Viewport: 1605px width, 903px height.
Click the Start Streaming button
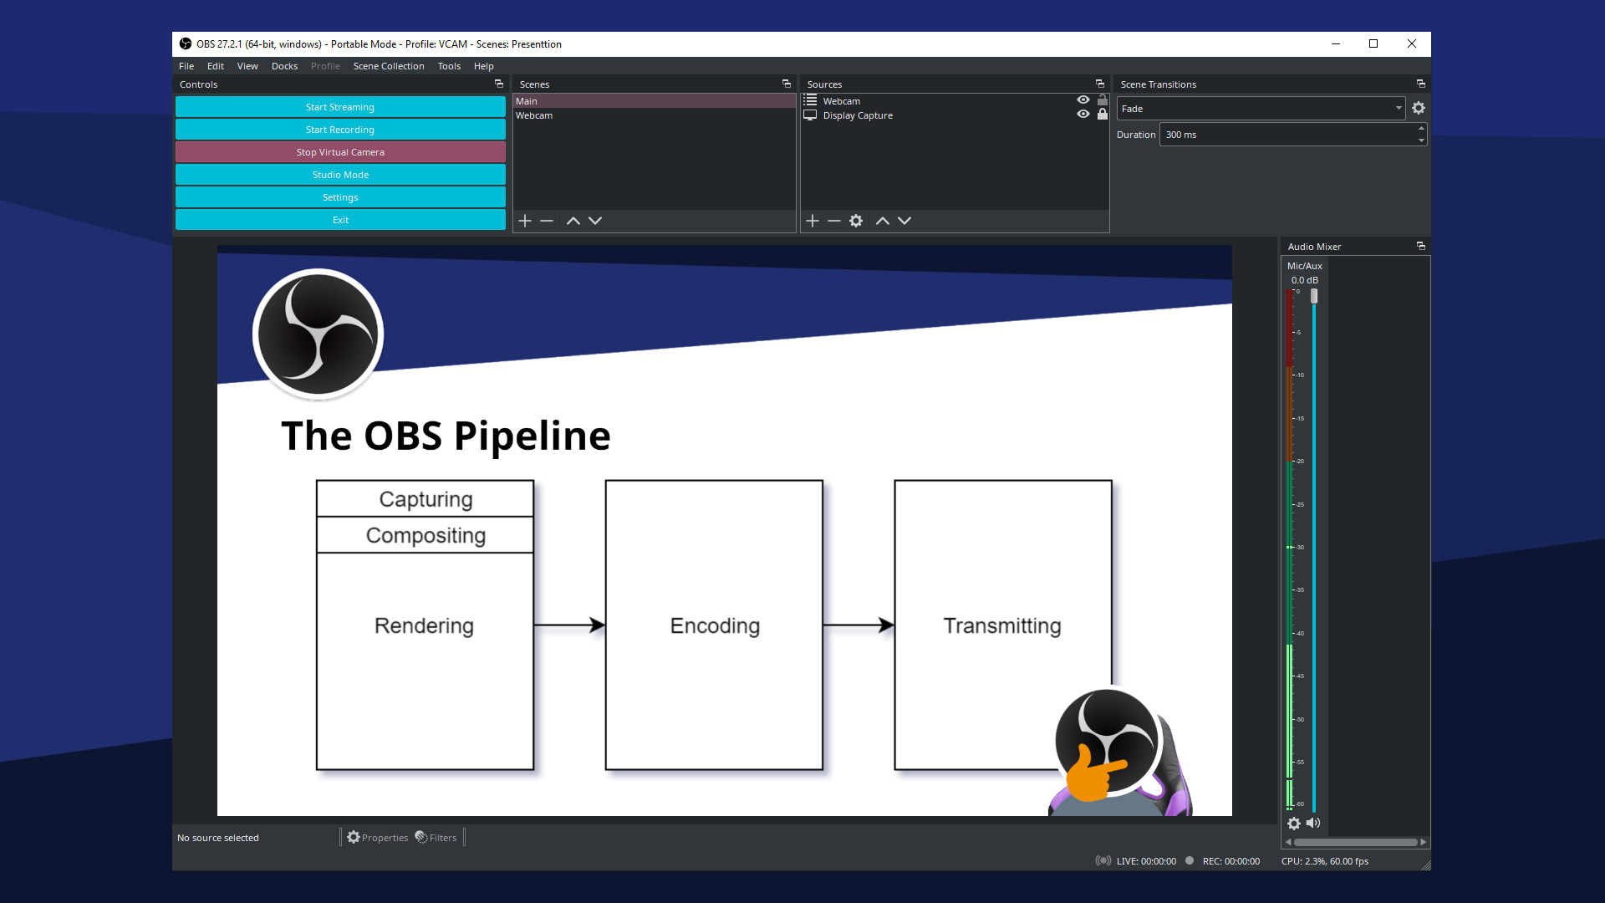pos(340,107)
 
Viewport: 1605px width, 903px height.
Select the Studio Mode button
pos(340,175)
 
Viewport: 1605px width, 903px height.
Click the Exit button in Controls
pos(340,220)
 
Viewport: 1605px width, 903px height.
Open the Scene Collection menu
pos(389,66)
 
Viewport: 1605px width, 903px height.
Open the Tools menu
pos(449,66)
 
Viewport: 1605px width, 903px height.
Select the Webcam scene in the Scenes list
pos(534,115)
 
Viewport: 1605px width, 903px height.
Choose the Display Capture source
pos(858,115)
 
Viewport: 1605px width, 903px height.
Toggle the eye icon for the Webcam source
pos(1083,100)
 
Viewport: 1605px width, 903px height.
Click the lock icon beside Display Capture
pos(1103,115)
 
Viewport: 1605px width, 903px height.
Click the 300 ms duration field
pos(1287,135)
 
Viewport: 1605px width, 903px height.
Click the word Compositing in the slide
pos(425,535)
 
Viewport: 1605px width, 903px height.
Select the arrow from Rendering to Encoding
pos(568,625)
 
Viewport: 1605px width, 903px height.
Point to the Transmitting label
pos(1002,625)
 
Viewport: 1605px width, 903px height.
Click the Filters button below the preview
pos(436,838)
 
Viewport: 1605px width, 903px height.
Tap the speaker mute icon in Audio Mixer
pos(1313,824)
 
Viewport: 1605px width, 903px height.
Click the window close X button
pos(1412,44)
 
